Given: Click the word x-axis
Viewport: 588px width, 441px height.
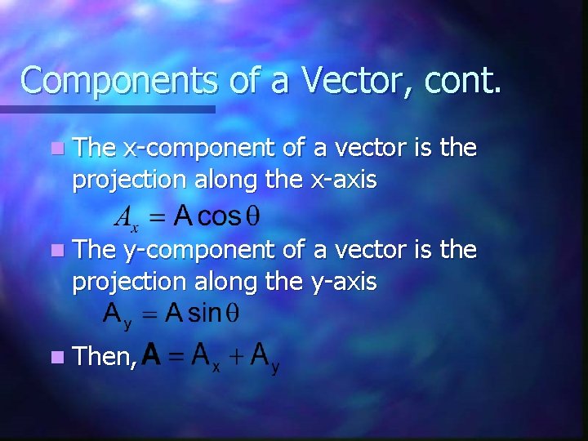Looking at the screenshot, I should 344,180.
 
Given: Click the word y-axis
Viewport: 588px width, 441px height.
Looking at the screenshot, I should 344,282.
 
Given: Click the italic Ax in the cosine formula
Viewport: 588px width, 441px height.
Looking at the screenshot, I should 126,217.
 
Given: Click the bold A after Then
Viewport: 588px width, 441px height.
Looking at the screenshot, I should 151,355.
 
